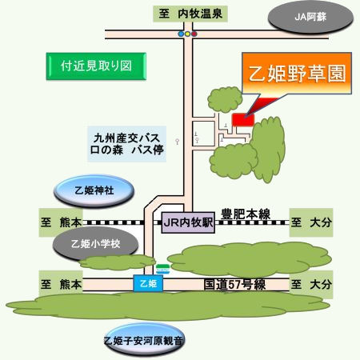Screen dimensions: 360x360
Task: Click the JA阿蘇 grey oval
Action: coord(310,17)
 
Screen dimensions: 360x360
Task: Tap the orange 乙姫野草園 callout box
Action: coord(297,74)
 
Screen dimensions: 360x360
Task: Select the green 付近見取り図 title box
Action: coord(96,66)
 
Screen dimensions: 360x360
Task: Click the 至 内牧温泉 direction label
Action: coord(190,14)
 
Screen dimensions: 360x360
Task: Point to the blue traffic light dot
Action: coord(181,34)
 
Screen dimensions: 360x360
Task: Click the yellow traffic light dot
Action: coord(187,34)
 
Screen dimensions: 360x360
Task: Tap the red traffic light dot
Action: coord(194,34)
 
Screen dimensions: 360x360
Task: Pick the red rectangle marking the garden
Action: coord(243,120)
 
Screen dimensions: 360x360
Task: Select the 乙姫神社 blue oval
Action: coord(94,190)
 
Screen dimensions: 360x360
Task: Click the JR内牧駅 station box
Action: coord(188,222)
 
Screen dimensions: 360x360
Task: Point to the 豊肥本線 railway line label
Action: coord(246,214)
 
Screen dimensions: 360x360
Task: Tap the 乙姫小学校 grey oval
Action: coord(95,244)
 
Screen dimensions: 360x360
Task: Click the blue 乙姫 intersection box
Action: coord(148,283)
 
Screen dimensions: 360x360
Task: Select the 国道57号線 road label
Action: coord(234,285)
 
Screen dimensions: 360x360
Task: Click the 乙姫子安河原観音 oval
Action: coord(144,341)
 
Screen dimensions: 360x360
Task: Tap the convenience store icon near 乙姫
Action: coord(162,269)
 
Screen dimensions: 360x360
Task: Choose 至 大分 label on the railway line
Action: coord(311,222)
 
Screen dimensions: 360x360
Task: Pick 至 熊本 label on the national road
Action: coord(61,284)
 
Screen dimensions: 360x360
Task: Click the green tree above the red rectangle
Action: coord(225,99)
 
